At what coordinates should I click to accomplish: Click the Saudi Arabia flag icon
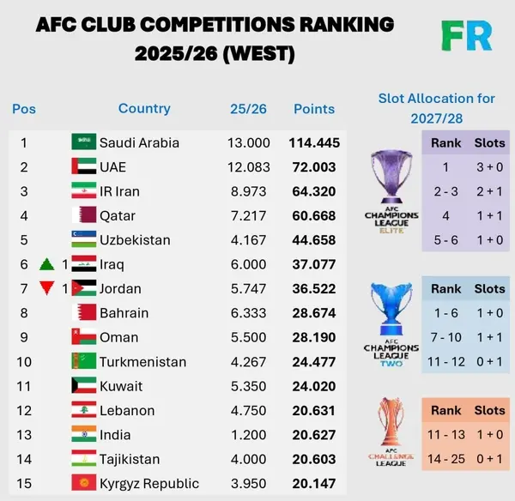point(83,142)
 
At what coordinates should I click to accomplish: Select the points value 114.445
point(315,142)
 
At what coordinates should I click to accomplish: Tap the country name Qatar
point(118,215)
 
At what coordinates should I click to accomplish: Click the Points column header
point(314,109)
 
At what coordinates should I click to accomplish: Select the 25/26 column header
point(249,109)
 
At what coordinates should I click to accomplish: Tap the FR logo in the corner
point(467,35)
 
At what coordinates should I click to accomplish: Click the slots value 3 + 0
point(490,167)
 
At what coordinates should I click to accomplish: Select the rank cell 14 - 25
point(446,459)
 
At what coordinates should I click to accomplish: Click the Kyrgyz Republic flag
point(83,484)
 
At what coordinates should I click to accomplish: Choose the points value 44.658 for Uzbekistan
point(315,240)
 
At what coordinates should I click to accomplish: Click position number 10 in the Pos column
point(25,362)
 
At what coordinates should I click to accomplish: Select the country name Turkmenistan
point(140,362)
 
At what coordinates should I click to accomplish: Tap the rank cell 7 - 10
point(446,337)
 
